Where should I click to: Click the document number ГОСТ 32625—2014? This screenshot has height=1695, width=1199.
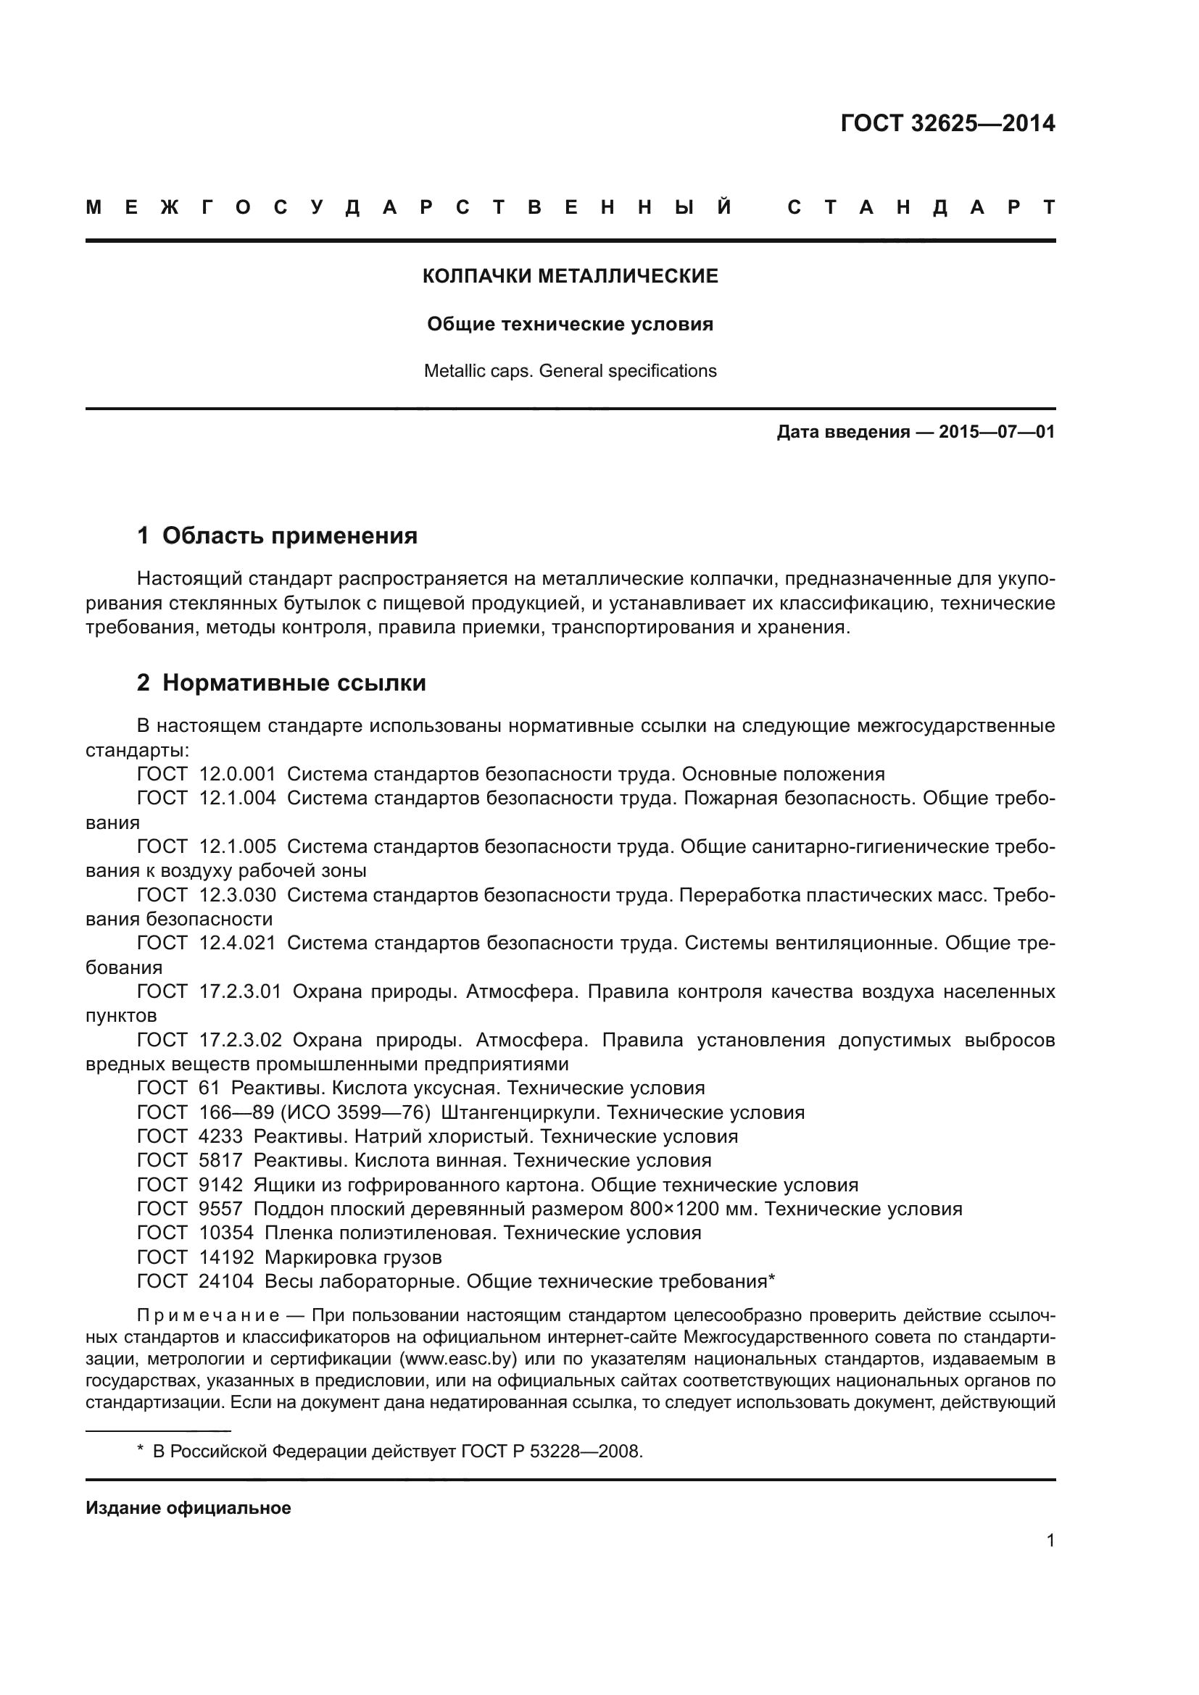[947, 123]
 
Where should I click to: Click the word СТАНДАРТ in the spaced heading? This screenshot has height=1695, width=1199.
[921, 207]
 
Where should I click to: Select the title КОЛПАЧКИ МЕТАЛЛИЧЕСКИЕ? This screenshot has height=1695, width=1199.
[570, 276]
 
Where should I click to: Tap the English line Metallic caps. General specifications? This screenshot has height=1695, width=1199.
[570, 370]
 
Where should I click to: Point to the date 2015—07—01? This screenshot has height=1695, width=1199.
[996, 432]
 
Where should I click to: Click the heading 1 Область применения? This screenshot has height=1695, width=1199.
[278, 536]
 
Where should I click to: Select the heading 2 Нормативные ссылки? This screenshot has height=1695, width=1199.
[281, 683]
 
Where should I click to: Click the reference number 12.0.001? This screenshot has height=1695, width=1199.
[238, 775]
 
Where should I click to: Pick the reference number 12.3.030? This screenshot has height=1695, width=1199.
[238, 896]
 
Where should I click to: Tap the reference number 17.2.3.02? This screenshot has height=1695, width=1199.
[241, 1040]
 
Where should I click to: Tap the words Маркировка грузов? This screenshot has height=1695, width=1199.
[353, 1257]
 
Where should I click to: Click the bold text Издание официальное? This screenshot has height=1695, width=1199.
[188, 1508]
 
